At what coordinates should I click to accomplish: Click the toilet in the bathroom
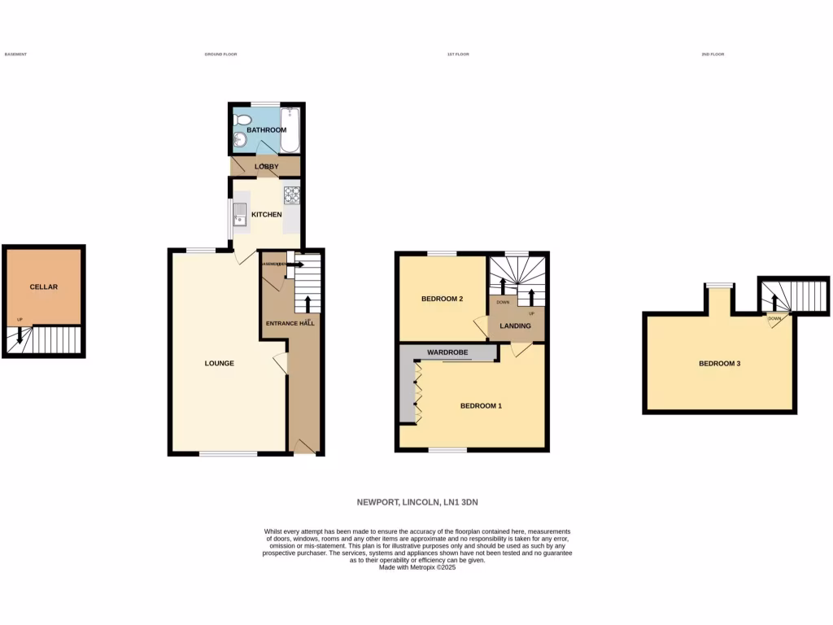click(x=242, y=120)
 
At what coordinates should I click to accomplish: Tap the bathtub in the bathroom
click(x=290, y=130)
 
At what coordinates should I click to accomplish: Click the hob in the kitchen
click(x=291, y=194)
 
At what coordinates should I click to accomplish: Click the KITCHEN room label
click(x=266, y=215)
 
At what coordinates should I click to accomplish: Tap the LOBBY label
click(x=267, y=167)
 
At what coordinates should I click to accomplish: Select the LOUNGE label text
click(x=220, y=363)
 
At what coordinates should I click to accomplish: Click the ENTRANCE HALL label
click(x=290, y=323)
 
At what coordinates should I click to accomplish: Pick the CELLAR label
click(x=44, y=287)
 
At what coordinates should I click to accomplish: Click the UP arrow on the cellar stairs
click(x=20, y=334)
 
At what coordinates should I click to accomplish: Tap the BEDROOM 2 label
click(x=442, y=299)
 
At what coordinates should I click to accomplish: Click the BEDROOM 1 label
click(x=481, y=405)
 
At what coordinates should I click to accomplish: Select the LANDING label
click(x=516, y=326)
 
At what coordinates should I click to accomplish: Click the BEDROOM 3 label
click(x=719, y=364)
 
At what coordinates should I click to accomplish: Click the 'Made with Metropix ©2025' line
click(x=416, y=567)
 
